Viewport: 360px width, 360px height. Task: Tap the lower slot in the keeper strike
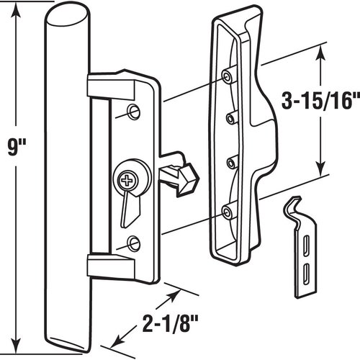pos(306,271)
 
